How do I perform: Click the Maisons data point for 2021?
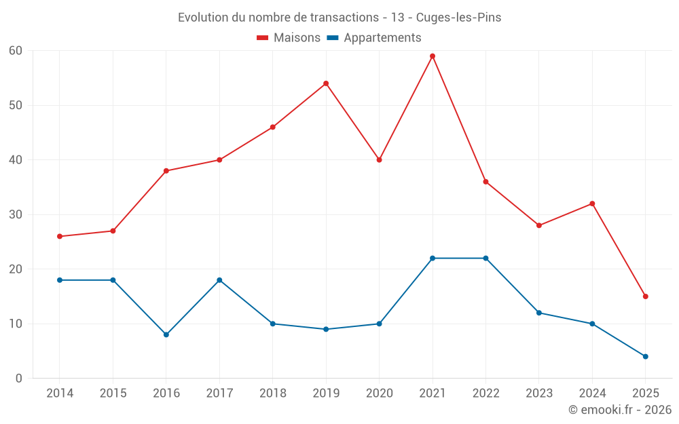click(433, 56)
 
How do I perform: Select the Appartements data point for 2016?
click(166, 334)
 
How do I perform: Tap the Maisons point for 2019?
click(326, 83)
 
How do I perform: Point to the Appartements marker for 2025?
click(645, 356)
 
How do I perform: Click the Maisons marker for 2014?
click(60, 236)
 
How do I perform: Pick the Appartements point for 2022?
click(485, 258)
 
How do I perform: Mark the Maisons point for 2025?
click(645, 296)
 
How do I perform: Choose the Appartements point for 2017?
click(219, 280)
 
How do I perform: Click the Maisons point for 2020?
click(379, 160)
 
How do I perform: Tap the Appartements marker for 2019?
click(326, 329)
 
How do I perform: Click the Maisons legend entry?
click(289, 38)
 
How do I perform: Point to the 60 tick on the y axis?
click(16, 51)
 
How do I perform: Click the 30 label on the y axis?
click(16, 214)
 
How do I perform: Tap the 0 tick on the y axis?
click(19, 379)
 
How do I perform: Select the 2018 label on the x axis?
click(272, 393)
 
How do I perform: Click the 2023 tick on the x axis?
click(538, 393)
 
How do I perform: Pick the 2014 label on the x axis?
click(60, 393)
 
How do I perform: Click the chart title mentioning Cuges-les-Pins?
click(339, 18)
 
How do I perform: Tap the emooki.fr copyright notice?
click(619, 410)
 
